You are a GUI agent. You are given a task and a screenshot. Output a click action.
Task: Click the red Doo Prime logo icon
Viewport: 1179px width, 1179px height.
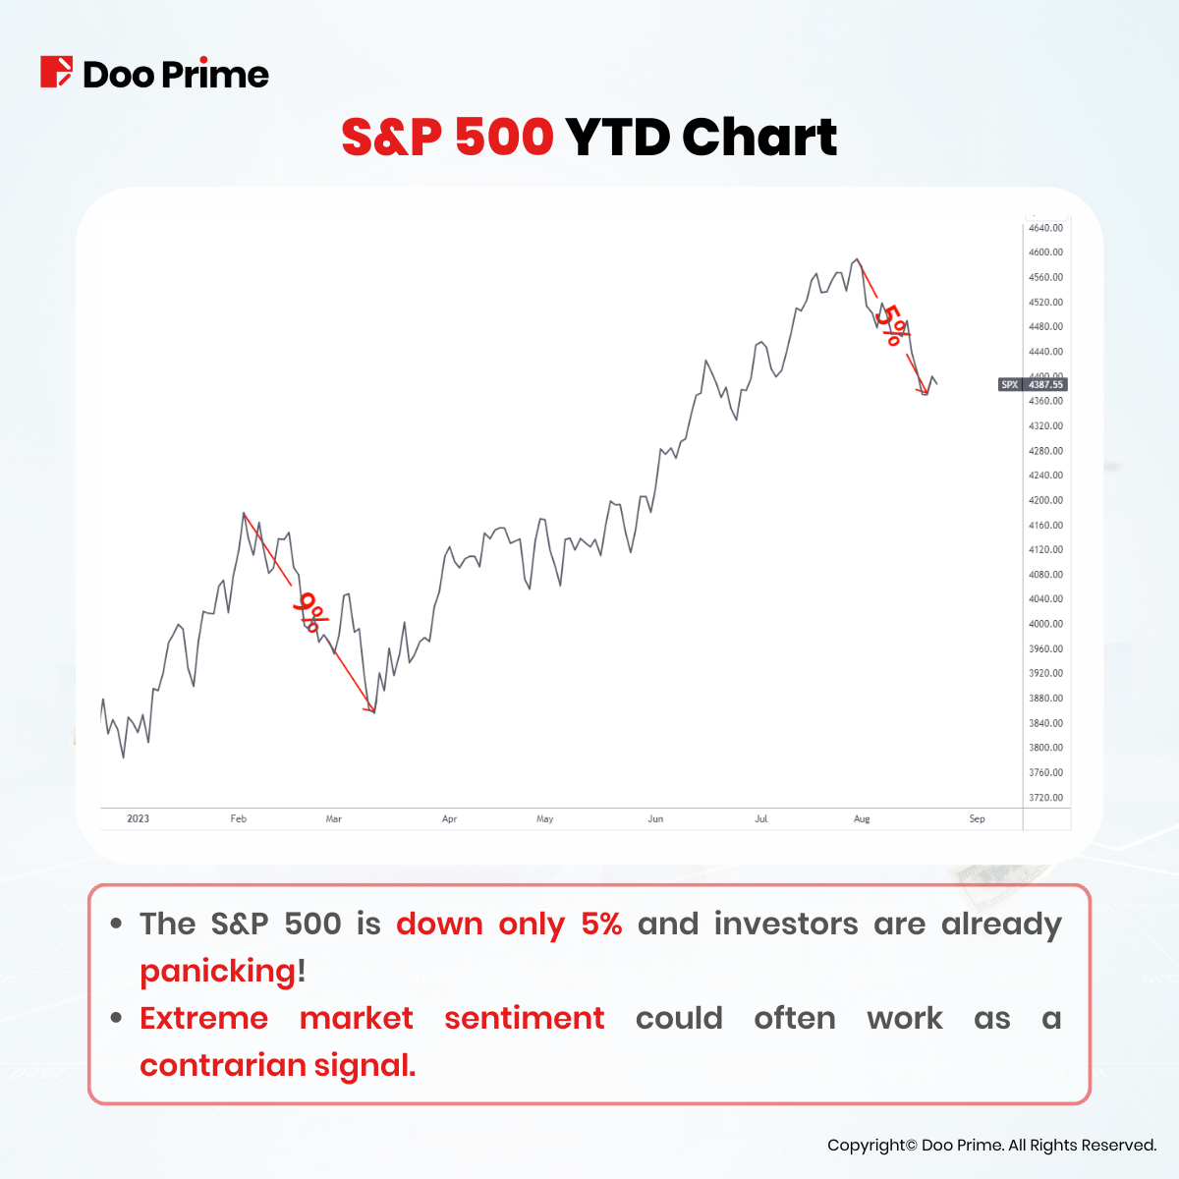(56, 73)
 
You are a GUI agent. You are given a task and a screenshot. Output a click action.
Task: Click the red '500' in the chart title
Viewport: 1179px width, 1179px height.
(504, 137)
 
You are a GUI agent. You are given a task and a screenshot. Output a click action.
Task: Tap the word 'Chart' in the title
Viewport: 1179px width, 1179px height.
(758, 137)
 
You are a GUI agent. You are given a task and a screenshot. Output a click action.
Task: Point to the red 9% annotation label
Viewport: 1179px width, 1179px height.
(311, 612)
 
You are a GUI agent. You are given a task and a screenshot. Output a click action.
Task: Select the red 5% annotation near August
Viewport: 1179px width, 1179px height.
(890, 325)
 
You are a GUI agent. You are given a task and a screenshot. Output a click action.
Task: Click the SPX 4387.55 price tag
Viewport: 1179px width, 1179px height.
(1032, 385)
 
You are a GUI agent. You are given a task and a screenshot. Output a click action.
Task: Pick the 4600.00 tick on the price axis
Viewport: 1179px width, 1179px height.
(1045, 253)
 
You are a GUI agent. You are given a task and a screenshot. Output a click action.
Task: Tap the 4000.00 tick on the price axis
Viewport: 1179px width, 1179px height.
(1045, 624)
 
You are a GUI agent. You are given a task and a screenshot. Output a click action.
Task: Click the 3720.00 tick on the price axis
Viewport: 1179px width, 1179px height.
(1045, 798)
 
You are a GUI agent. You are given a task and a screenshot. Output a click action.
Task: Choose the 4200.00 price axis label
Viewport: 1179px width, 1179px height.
(1045, 500)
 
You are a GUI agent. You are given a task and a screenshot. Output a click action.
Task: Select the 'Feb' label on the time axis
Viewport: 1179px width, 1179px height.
(238, 818)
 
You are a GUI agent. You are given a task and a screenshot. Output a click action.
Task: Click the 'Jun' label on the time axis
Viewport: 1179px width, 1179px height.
(656, 818)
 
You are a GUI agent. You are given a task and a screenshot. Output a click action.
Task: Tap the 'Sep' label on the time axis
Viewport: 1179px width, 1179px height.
(977, 818)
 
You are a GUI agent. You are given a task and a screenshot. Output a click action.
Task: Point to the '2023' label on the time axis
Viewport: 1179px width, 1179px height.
(139, 818)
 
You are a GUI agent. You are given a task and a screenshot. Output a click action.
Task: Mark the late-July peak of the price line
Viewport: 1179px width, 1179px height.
(857, 259)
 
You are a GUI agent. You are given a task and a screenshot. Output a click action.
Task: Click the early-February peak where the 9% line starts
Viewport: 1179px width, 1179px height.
(244, 513)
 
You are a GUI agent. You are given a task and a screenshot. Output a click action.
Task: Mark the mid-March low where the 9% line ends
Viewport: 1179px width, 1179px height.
(373, 711)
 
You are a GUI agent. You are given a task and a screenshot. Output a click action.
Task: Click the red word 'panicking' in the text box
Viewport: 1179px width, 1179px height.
(217, 971)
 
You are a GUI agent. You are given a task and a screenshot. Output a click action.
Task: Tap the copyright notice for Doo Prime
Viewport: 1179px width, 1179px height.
(991, 1145)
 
